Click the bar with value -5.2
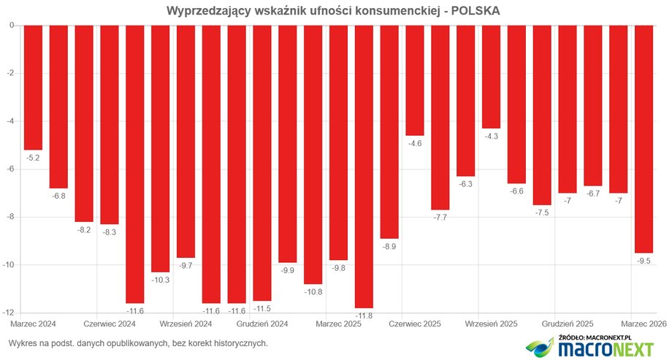tap(33, 87)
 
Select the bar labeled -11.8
tap(364, 166)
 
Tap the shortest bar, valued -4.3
tap(491, 77)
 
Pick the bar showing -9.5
tap(644, 139)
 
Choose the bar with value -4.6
tap(415, 80)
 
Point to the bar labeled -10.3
tap(160, 148)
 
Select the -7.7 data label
tap(440, 218)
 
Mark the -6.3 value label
tap(465, 185)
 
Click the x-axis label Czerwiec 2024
tap(110, 323)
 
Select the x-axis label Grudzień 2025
tap(568, 323)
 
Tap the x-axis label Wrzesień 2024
tap(186, 323)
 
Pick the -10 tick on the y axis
tap(9, 265)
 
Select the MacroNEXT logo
tap(592, 348)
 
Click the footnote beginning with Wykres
tap(138, 342)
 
